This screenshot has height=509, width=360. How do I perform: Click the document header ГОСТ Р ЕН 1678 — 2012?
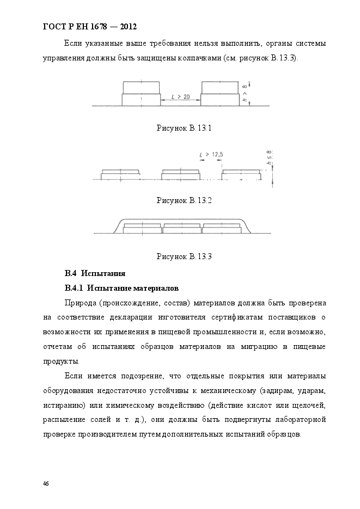[x=89, y=26]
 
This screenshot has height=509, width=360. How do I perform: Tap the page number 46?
[x=46, y=483]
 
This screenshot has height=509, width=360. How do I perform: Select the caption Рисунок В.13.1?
[x=184, y=128]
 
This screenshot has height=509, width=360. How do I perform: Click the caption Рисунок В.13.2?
[x=184, y=200]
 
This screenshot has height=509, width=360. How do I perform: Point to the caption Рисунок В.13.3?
[x=184, y=256]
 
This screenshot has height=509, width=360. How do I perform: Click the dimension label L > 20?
[x=181, y=97]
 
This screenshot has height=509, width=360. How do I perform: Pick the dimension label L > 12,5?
[x=212, y=155]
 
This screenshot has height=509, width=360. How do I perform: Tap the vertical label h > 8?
[x=245, y=94]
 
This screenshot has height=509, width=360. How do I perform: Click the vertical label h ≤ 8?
[x=269, y=158]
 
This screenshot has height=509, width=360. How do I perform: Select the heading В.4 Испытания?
[x=95, y=273]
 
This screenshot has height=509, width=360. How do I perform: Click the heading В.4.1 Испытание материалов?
[x=121, y=287]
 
